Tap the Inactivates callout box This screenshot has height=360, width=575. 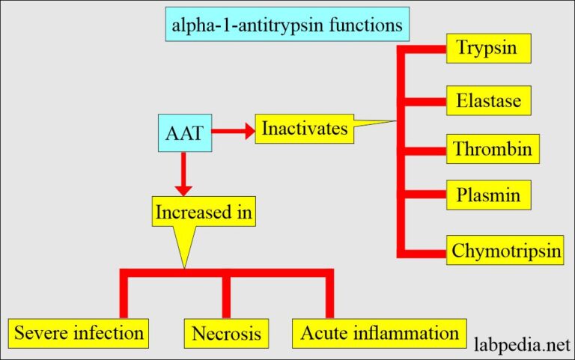click(304, 129)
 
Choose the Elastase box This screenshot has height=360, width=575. click(489, 100)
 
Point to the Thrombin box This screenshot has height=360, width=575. click(492, 149)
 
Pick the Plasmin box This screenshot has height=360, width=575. click(489, 198)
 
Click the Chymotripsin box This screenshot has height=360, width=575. click(506, 251)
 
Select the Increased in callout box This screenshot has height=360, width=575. click(204, 213)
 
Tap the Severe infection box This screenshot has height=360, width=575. click(79, 332)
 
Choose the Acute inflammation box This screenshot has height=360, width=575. click(379, 332)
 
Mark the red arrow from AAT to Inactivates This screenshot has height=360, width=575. click(233, 132)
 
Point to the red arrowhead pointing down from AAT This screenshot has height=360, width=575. click(183, 189)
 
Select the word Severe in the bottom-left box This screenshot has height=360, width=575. click(39, 332)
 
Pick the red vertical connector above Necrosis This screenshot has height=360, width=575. click(226, 296)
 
